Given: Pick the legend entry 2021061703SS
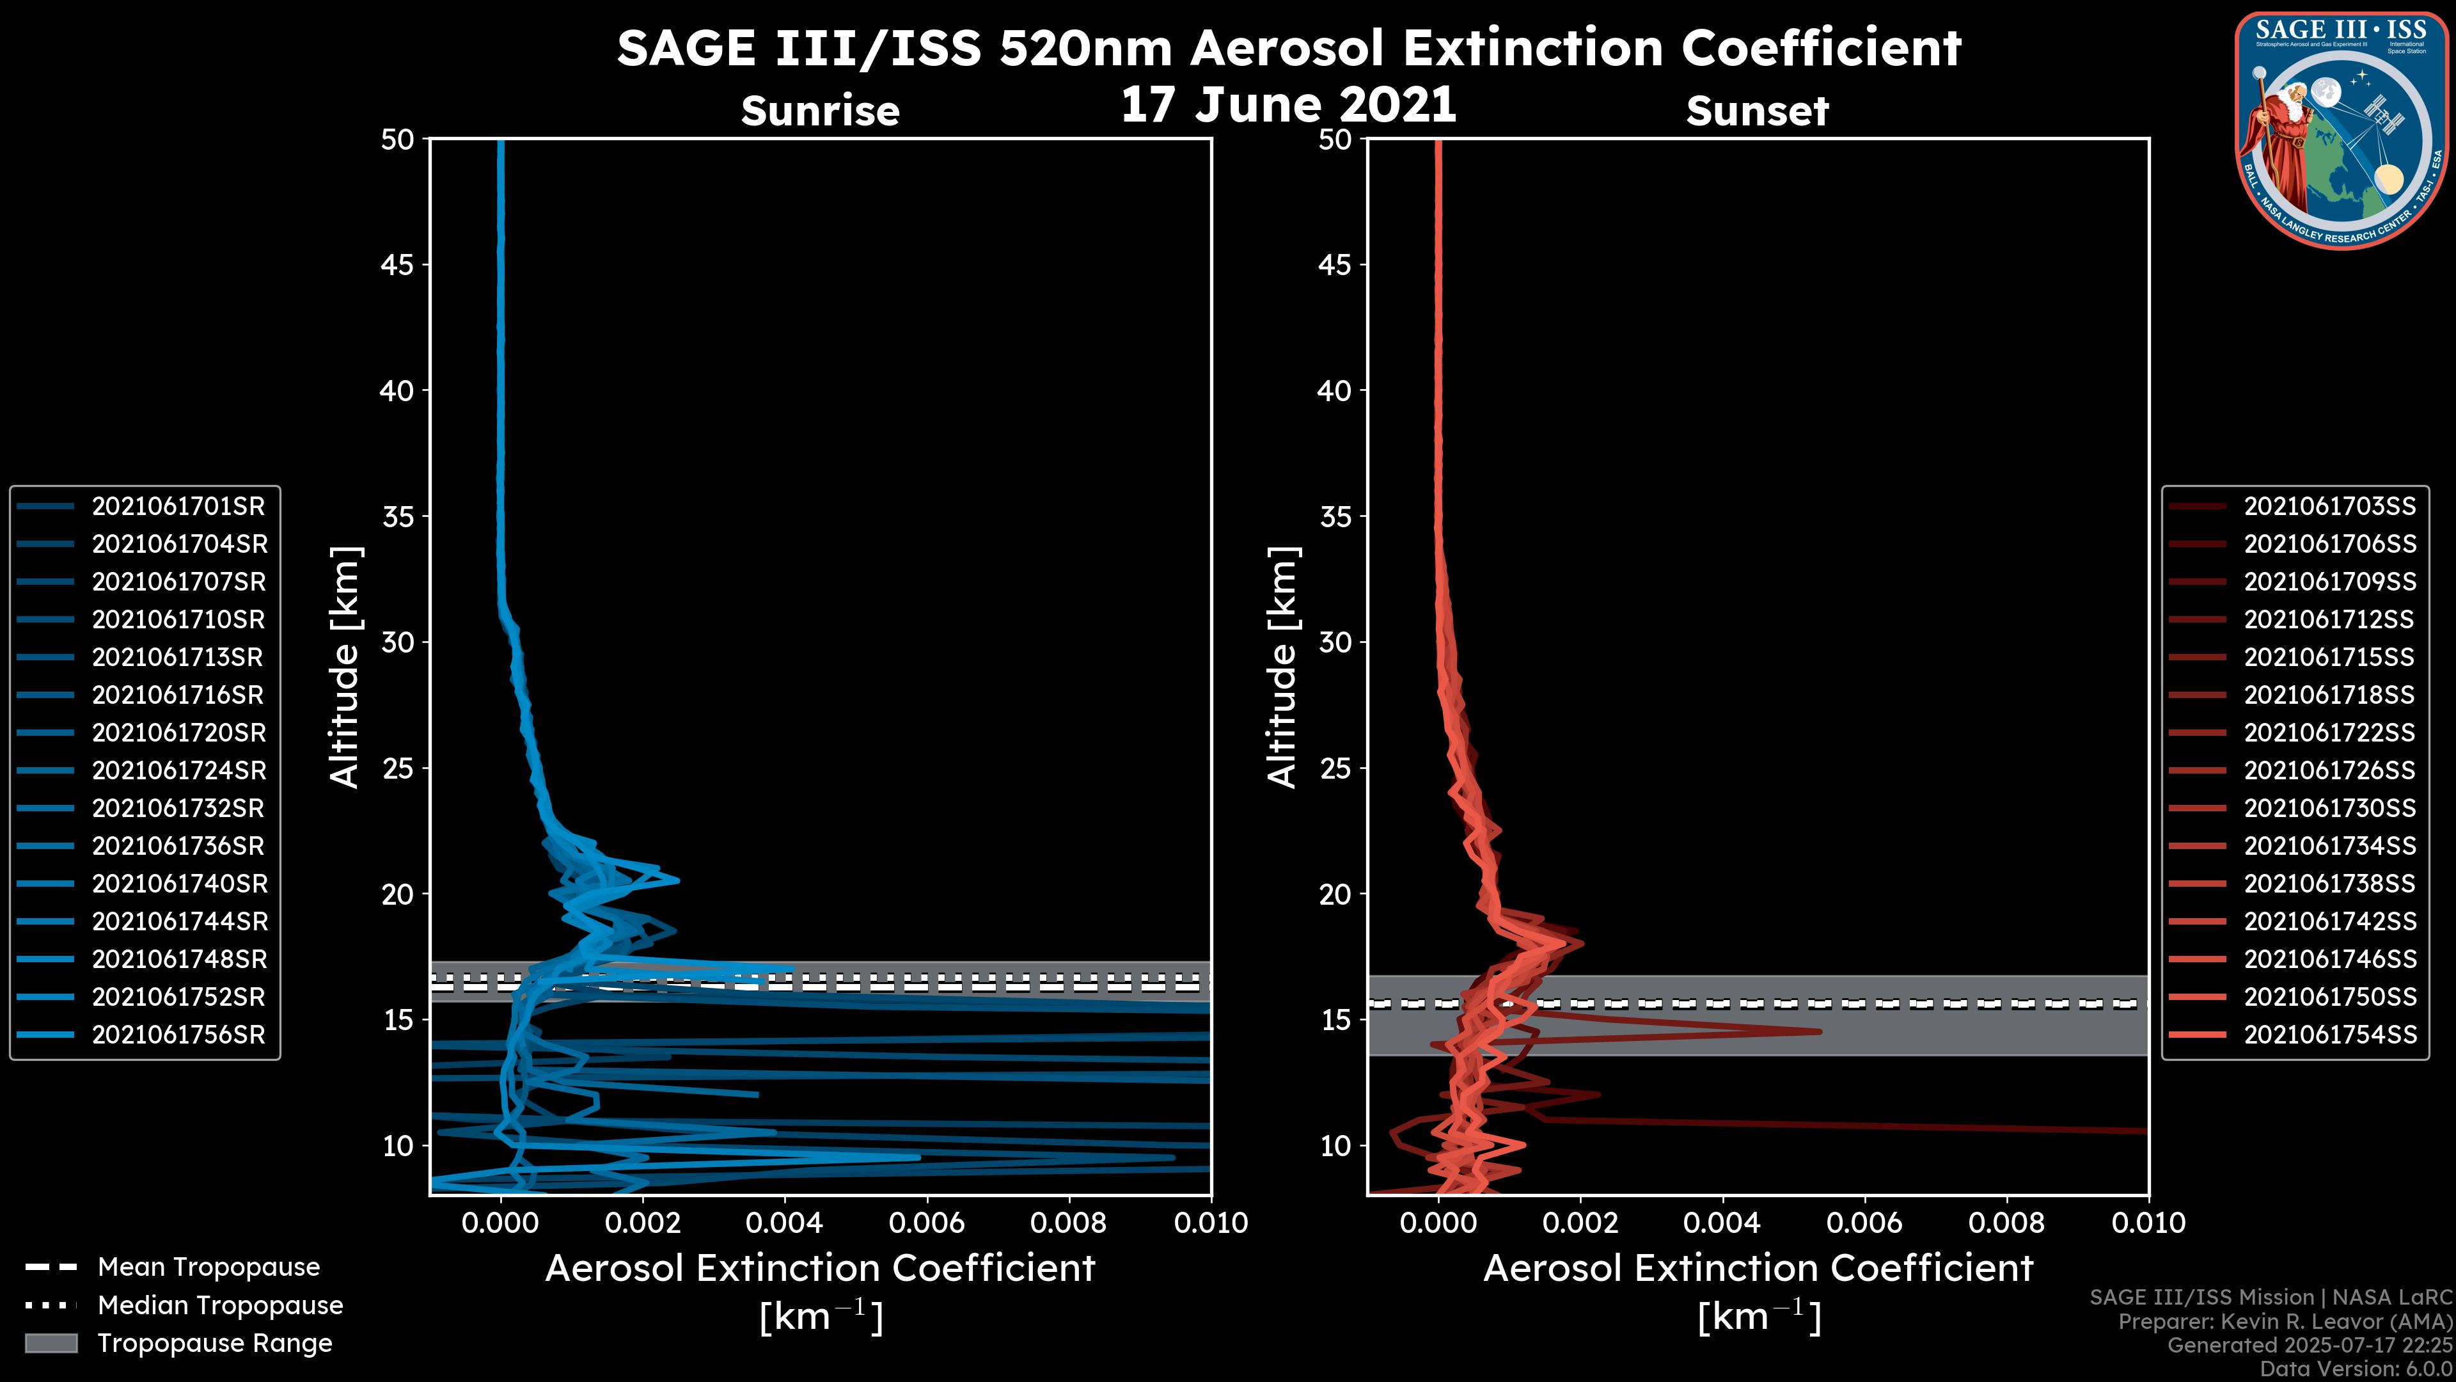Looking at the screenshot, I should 2329,507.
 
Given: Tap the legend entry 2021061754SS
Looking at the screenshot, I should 2329,1035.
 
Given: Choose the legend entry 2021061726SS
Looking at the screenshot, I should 2329,770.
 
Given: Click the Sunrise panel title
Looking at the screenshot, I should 820,111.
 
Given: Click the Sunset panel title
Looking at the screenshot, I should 1756,111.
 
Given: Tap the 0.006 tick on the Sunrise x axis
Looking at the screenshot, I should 927,1223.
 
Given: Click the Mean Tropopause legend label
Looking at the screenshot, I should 208,1267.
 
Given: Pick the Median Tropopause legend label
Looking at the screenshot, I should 219,1306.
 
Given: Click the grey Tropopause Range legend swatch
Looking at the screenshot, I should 51,1344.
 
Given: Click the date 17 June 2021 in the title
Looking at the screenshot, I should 1288,105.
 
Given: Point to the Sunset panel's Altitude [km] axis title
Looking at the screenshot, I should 1282,667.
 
